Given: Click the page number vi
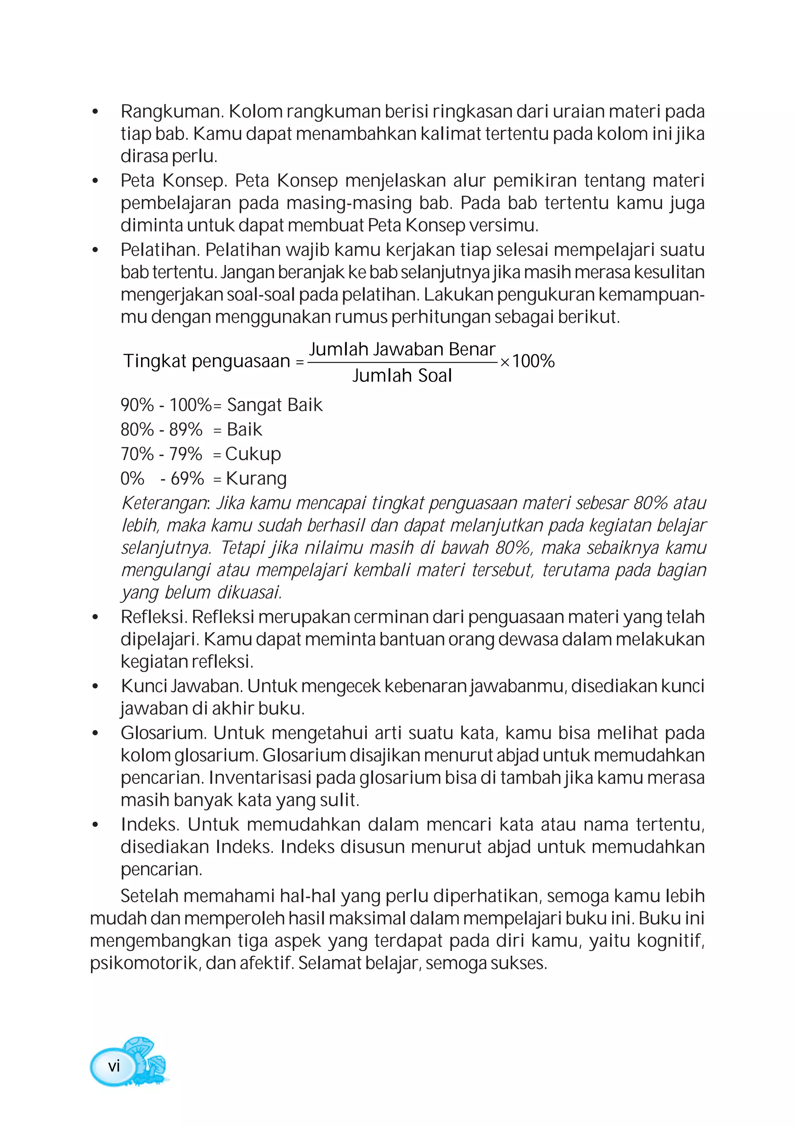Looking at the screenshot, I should [114, 1066].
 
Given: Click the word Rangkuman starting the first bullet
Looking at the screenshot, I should [172, 112].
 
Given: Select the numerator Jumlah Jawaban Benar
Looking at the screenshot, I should [401, 349].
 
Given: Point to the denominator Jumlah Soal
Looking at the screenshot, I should [401, 376].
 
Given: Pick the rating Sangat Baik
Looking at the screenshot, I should [275, 405].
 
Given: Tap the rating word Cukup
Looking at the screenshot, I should [253, 454].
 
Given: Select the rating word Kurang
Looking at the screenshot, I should [256, 478].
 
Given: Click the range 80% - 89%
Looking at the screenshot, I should [161, 429].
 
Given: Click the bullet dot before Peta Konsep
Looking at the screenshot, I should [95, 181].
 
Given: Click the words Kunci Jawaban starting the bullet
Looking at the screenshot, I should [182, 686].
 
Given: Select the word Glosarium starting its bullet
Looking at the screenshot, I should [164, 733].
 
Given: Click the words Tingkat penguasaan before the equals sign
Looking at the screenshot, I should [206, 361].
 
